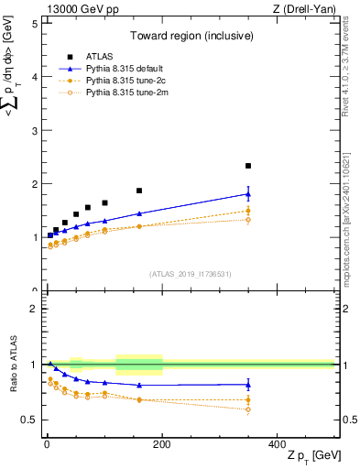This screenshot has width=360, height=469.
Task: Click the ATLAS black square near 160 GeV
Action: [x=139, y=191]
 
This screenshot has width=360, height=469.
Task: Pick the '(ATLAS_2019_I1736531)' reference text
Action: [x=191, y=274]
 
